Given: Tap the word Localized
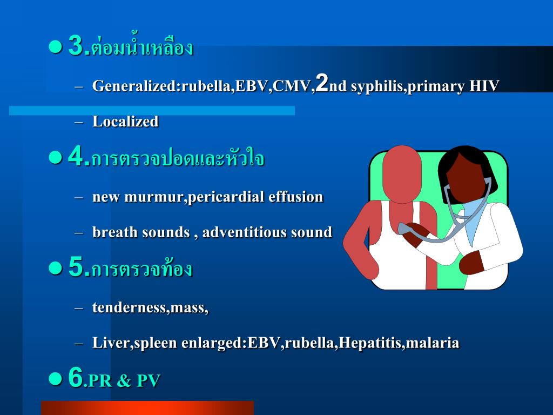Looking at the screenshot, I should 125,122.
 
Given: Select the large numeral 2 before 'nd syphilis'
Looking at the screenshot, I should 322,83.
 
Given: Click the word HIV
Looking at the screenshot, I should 483,86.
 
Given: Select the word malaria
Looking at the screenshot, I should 433,343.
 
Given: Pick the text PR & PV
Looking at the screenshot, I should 124,381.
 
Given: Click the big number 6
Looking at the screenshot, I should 76,378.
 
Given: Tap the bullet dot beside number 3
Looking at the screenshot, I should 55,47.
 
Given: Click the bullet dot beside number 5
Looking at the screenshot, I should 55,267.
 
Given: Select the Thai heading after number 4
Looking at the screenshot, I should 178,159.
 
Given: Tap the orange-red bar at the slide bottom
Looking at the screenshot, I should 147,408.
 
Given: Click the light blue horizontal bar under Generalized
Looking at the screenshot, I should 152,110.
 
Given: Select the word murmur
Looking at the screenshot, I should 154,197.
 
